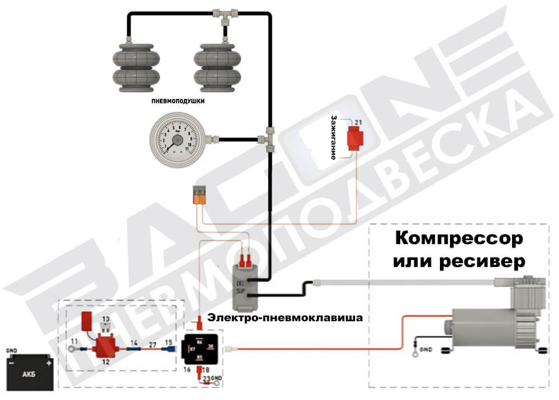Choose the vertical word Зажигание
pos(334,137)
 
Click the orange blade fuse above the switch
pos(200,195)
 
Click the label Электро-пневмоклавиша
pos(285,318)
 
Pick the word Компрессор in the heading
pos(459,239)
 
